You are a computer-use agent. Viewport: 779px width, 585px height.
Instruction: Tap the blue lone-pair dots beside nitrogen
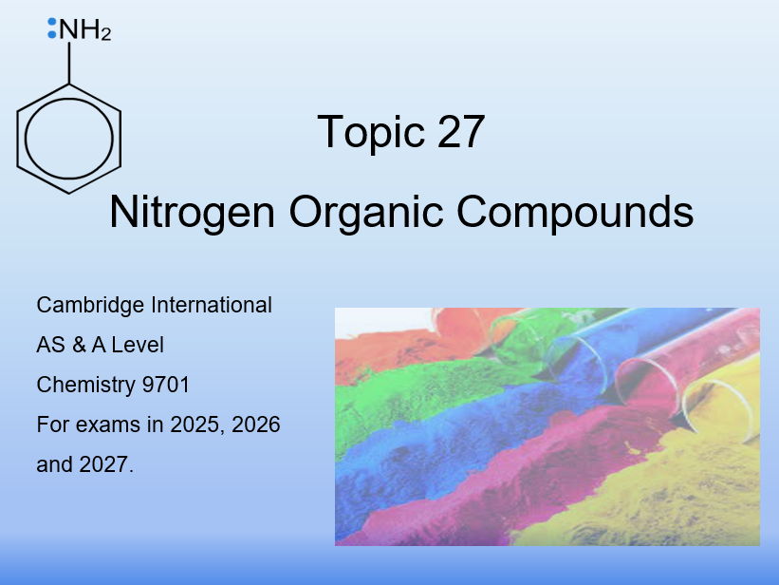pyautogui.click(x=52, y=28)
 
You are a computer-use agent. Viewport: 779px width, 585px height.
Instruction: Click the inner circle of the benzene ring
pyautogui.click(x=69, y=138)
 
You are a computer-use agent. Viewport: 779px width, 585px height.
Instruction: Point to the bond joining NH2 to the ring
pyautogui.click(x=69, y=63)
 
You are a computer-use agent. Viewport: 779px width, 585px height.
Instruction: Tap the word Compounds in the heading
pyautogui.click(x=575, y=212)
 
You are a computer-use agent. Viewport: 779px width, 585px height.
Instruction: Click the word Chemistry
pyautogui.click(x=83, y=385)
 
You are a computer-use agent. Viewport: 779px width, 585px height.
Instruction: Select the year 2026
pyautogui.click(x=255, y=425)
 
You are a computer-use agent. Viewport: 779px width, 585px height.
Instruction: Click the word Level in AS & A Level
pyautogui.click(x=138, y=346)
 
